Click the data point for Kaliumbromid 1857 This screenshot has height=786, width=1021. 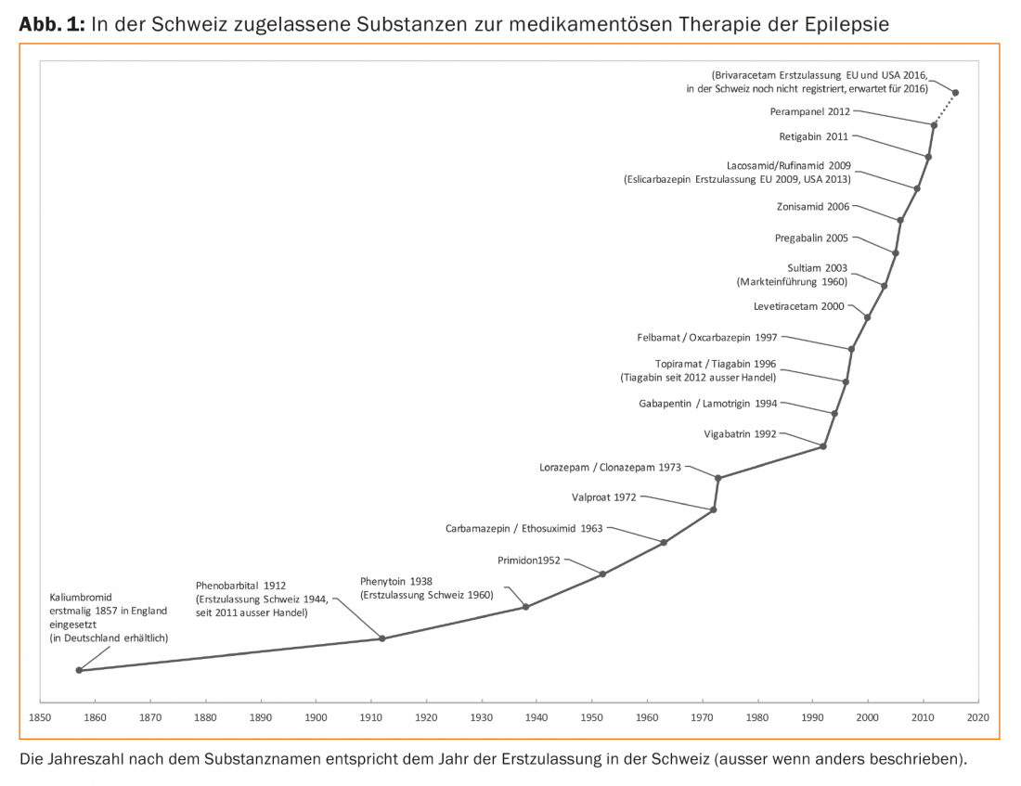(79, 670)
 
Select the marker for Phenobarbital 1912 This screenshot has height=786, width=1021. (381, 638)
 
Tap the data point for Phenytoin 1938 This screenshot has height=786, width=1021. (526, 607)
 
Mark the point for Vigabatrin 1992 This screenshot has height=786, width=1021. (823, 446)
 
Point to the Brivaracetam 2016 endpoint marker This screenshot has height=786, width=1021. (956, 92)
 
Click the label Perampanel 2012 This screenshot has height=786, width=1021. (809, 111)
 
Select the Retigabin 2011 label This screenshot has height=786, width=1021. (813, 136)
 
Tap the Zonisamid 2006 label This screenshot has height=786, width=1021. (812, 207)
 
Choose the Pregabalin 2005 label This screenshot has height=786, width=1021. (811, 238)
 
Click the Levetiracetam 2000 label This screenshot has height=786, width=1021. (799, 305)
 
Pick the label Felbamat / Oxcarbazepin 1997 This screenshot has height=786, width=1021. (707, 338)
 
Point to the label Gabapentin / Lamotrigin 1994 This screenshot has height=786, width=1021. (708, 404)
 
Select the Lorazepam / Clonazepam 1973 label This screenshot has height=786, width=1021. (611, 467)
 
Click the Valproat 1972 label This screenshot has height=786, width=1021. (604, 497)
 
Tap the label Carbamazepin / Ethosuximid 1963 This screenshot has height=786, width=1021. (524, 528)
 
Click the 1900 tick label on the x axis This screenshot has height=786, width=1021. (316, 717)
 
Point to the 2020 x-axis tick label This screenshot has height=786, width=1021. (977, 717)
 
